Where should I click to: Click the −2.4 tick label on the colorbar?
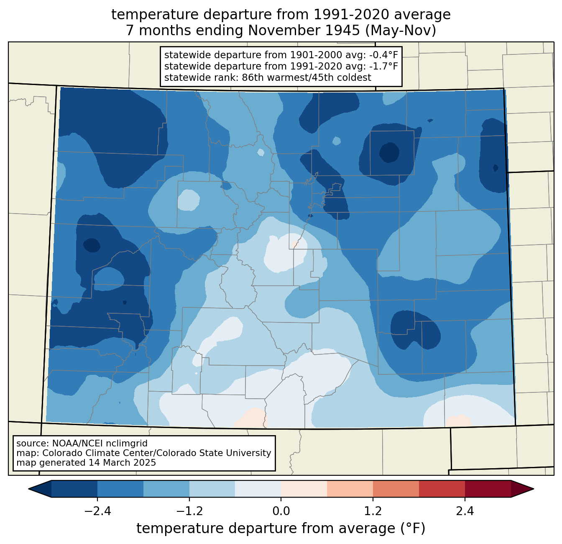click(x=97, y=511)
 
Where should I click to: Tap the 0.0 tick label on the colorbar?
click(x=281, y=511)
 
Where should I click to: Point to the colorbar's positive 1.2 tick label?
click(x=373, y=511)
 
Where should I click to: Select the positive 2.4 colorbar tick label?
click(x=465, y=511)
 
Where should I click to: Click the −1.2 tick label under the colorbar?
click(x=189, y=511)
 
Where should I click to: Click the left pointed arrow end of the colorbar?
click(x=29, y=489)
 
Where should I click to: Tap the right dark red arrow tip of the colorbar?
click(x=533, y=489)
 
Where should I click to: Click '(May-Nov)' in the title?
click(x=401, y=31)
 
